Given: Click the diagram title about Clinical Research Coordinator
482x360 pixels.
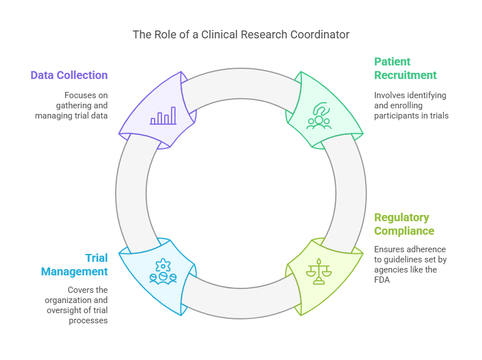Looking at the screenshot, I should pos(241,34).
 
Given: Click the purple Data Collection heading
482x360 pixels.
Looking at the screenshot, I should pos(69,75).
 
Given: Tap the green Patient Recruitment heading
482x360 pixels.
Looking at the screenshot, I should pos(405,68).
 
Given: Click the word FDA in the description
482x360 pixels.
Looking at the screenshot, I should pos(383,279).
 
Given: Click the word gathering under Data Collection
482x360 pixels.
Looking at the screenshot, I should pos(72,105).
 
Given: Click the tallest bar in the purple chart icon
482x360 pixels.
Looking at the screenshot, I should pos(173,115).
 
